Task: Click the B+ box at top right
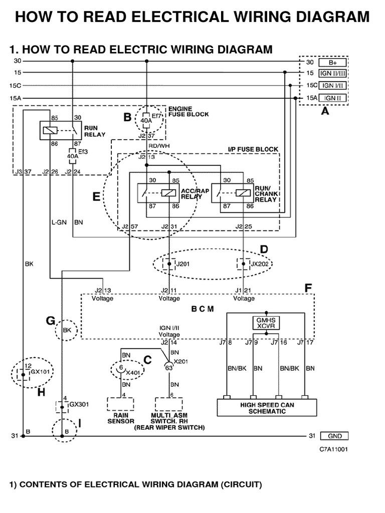pos(332,63)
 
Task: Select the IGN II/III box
pos(332,73)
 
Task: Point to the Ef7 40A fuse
pos(146,120)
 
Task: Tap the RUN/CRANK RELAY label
pos(267,194)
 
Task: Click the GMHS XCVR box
pos(266,323)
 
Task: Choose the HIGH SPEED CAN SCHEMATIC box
pos(266,408)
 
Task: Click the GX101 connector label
pos(38,373)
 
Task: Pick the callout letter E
pos(96,197)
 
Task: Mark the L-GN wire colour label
pos(59,221)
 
